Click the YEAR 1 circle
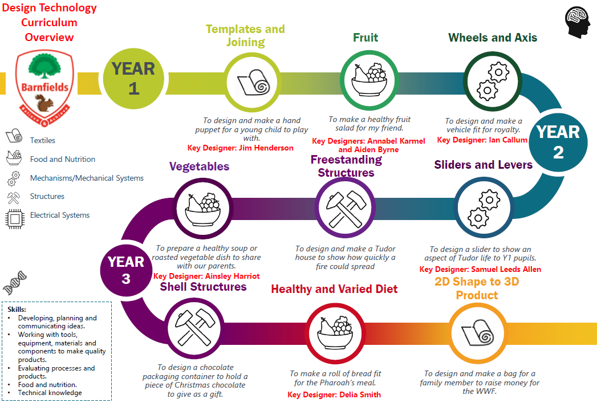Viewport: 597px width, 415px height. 133,79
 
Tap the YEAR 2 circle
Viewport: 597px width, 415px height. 558,143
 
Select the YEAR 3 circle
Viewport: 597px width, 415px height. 126,270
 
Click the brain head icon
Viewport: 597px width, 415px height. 578,22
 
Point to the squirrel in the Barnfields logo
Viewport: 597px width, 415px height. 44,103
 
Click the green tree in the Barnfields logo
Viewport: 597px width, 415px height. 44,66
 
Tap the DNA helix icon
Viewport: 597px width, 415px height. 15,283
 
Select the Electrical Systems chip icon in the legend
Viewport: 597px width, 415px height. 15,219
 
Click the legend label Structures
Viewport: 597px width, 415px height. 47,196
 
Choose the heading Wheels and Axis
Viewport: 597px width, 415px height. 493,37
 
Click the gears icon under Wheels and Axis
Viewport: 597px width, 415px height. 493,82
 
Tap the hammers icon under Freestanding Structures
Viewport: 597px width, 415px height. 346,208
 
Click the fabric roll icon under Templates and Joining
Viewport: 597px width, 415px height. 253,82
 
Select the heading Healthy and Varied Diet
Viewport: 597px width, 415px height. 334,289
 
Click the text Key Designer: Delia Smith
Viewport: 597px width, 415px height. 334,394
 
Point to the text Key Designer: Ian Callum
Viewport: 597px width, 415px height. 482,140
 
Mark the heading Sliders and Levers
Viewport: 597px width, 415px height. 483,165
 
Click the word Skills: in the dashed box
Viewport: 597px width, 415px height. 17,309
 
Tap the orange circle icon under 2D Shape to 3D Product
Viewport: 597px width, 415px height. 477,334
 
